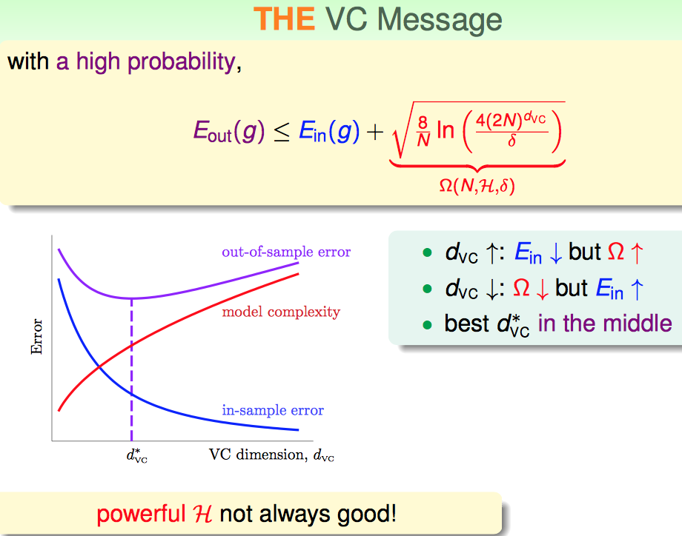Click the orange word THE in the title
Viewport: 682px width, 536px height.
(x=284, y=19)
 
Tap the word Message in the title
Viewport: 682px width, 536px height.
(x=440, y=21)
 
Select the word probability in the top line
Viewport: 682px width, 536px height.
(x=182, y=61)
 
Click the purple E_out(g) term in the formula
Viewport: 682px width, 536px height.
(x=229, y=131)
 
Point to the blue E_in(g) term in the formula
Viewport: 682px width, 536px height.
(x=329, y=131)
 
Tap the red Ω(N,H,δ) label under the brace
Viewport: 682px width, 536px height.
(x=477, y=186)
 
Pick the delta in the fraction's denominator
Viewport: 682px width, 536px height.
(x=512, y=141)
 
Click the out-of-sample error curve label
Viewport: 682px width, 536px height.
(x=286, y=252)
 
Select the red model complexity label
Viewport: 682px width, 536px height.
(x=281, y=312)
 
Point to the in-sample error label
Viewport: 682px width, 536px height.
(x=273, y=410)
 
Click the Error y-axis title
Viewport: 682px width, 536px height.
(x=36, y=337)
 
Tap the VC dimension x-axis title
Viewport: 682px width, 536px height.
(x=271, y=455)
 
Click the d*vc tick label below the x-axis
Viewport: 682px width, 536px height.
(x=136, y=455)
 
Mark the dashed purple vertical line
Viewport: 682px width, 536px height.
(x=131, y=369)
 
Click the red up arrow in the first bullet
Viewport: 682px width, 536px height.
(x=637, y=252)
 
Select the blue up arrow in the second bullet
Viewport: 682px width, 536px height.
(x=637, y=289)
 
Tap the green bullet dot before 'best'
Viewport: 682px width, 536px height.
(x=427, y=324)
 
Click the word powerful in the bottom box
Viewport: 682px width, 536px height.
(x=141, y=514)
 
